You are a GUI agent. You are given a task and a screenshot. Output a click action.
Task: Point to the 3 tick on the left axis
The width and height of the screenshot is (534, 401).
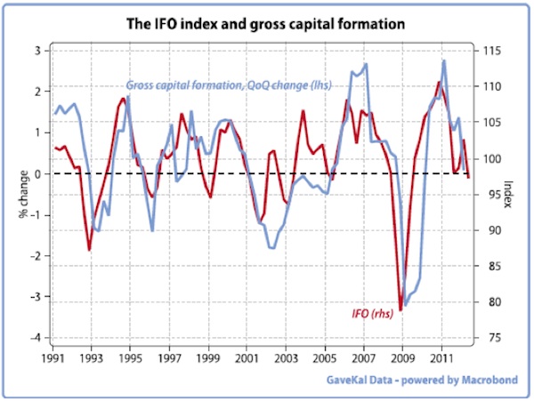tap(36, 51)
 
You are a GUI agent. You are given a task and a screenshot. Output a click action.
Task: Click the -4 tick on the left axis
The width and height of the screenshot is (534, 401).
tap(35, 338)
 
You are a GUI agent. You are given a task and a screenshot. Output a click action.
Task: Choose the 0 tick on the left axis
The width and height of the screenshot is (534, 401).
tap(36, 173)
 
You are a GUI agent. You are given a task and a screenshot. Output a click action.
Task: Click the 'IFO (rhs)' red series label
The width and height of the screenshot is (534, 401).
tap(372, 313)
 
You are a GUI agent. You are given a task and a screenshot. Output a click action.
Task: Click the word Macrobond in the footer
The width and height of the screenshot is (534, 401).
tap(494, 381)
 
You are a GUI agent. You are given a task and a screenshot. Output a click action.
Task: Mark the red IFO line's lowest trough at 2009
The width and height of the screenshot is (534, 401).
tap(400, 309)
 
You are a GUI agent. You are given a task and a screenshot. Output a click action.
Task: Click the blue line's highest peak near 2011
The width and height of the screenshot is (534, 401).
tap(443, 60)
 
